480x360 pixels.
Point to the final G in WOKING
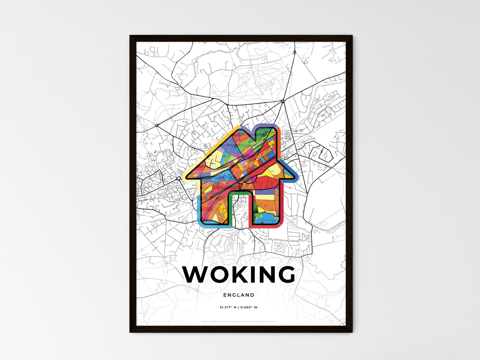284,275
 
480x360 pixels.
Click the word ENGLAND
239,295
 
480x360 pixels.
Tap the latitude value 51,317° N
228,308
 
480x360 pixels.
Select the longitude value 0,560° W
249,308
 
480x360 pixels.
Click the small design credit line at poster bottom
239,321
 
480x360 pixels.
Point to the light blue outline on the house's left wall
199,209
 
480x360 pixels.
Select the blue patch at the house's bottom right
266,218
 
